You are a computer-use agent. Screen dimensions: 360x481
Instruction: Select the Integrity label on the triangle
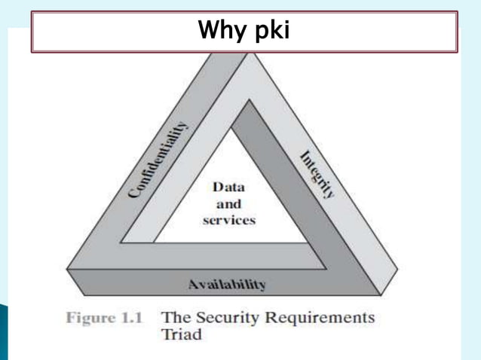(x=317, y=174)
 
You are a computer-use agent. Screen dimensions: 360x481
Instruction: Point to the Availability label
(x=226, y=285)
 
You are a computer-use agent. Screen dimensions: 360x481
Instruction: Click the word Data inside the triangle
(x=228, y=188)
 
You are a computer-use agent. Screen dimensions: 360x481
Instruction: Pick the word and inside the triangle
(x=228, y=204)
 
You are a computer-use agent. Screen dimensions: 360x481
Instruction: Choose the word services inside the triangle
(x=228, y=220)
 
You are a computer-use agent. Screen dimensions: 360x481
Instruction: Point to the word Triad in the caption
(x=182, y=334)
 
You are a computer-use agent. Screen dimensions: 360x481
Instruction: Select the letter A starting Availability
(x=193, y=285)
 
